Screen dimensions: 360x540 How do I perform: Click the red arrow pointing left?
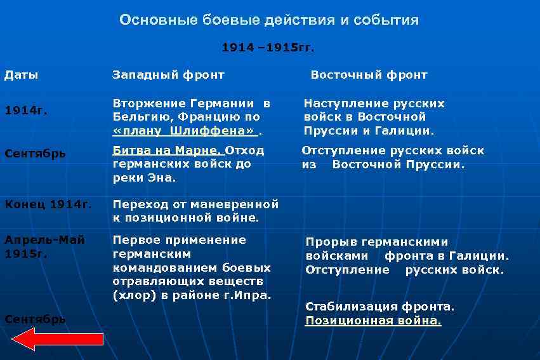point(57,340)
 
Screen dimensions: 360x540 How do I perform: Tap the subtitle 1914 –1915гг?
point(268,48)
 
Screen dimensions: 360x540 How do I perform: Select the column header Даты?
point(22,75)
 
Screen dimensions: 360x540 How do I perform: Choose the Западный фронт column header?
point(168,75)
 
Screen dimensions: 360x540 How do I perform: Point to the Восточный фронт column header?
point(369,75)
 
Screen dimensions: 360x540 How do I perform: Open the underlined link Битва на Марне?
point(168,150)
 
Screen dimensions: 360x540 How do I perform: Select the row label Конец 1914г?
point(48,204)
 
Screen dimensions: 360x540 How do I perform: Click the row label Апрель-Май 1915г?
point(44,246)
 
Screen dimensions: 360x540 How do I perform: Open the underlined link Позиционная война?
point(373,321)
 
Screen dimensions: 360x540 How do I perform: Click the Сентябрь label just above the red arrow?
point(35,319)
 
